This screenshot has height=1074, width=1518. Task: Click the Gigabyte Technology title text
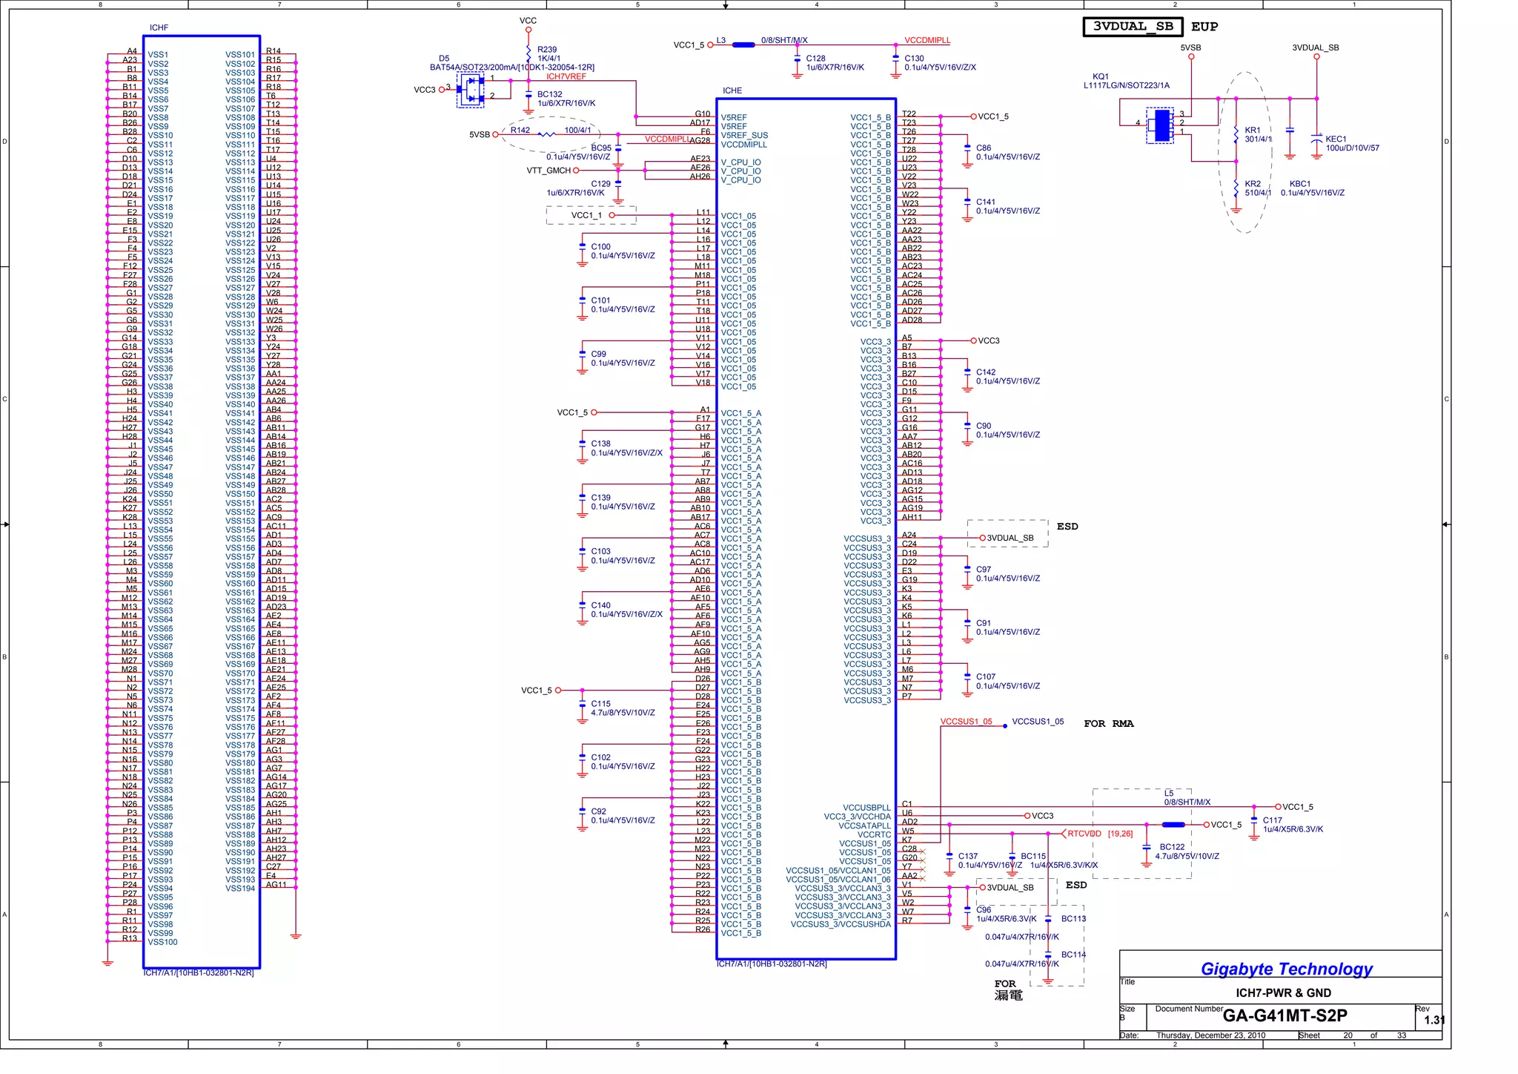pyautogui.click(x=1286, y=969)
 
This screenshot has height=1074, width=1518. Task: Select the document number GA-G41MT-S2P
pyautogui.click(x=1285, y=1015)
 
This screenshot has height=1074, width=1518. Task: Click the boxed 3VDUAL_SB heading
pyautogui.click(x=1133, y=27)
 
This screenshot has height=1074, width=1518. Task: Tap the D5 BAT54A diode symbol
pyautogui.click(x=470, y=90)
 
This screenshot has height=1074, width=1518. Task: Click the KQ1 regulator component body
pyautogui.click(x=1160, y=125)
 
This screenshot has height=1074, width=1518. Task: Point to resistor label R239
pyautogui.click(x=547, y=50)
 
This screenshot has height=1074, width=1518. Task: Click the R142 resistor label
pyautogui.click(x=520, y=131)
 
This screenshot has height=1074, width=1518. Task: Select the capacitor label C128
pyautogui.click(x=815, y=58)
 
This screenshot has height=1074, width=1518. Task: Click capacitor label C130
pyautogui.click(x=914, y=58)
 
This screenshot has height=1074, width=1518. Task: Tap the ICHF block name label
pyautogui.click(x=159, y=27)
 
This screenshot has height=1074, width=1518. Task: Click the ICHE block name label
pyautogui.click(x=732, y=90)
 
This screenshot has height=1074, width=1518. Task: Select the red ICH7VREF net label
pyautogui.click(x=566, y=76)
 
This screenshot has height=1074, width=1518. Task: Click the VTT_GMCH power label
pyautogui.click(x=548, y=171)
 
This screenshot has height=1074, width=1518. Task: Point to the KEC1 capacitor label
pyautogui.click(x=1336, y=139)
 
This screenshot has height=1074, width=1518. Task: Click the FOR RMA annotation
pyautogui.click(x=1108, y=724)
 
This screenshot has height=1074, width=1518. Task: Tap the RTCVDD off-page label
pyautogui.click(x=1084, y=834)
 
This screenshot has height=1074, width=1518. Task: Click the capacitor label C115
pyautogui.click(x=600, y=704)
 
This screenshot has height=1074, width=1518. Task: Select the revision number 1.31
pyautogui.click(x=1434, y=1020)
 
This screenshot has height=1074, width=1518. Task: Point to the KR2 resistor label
pyautogui.click(x=1253, y=184)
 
